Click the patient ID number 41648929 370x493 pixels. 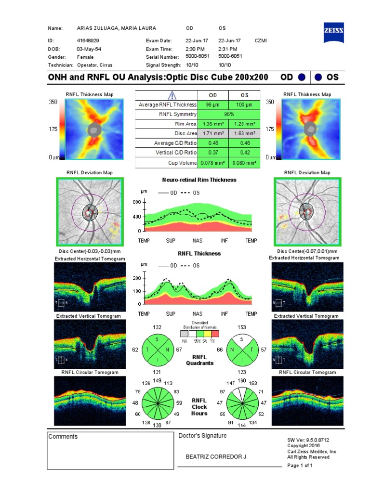pyautogui.click(x=88, y=41)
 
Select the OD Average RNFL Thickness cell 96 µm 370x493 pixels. pyautogui.click(x=212, y=104)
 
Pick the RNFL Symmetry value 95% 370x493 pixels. pyautogui.click(x=229, y=114)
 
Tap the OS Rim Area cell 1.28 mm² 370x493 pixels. pyautogui.click(x=244, y=124)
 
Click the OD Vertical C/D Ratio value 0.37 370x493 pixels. pyautogui.click(x=212, y=153)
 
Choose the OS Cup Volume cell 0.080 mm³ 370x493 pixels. pyautogui.click(x=244, y=163)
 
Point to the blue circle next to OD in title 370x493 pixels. pyautogui.click(x=302, y=77)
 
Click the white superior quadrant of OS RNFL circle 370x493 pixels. pyautogui.click(x=242, y=340)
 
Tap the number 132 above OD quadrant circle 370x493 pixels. pyautogui.click(x=157, y=327)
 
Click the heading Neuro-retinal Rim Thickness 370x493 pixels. pyautogui.click(x=199, y=180)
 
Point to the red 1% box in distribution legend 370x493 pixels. pyautogui.click(x=215, y=333)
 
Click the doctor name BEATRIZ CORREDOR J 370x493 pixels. pyautogui.click(x=216, y=456)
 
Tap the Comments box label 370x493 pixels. pyautogui.click(x=63, y=437)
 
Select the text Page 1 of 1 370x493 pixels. pyautogui.click(x=300, y=466)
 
